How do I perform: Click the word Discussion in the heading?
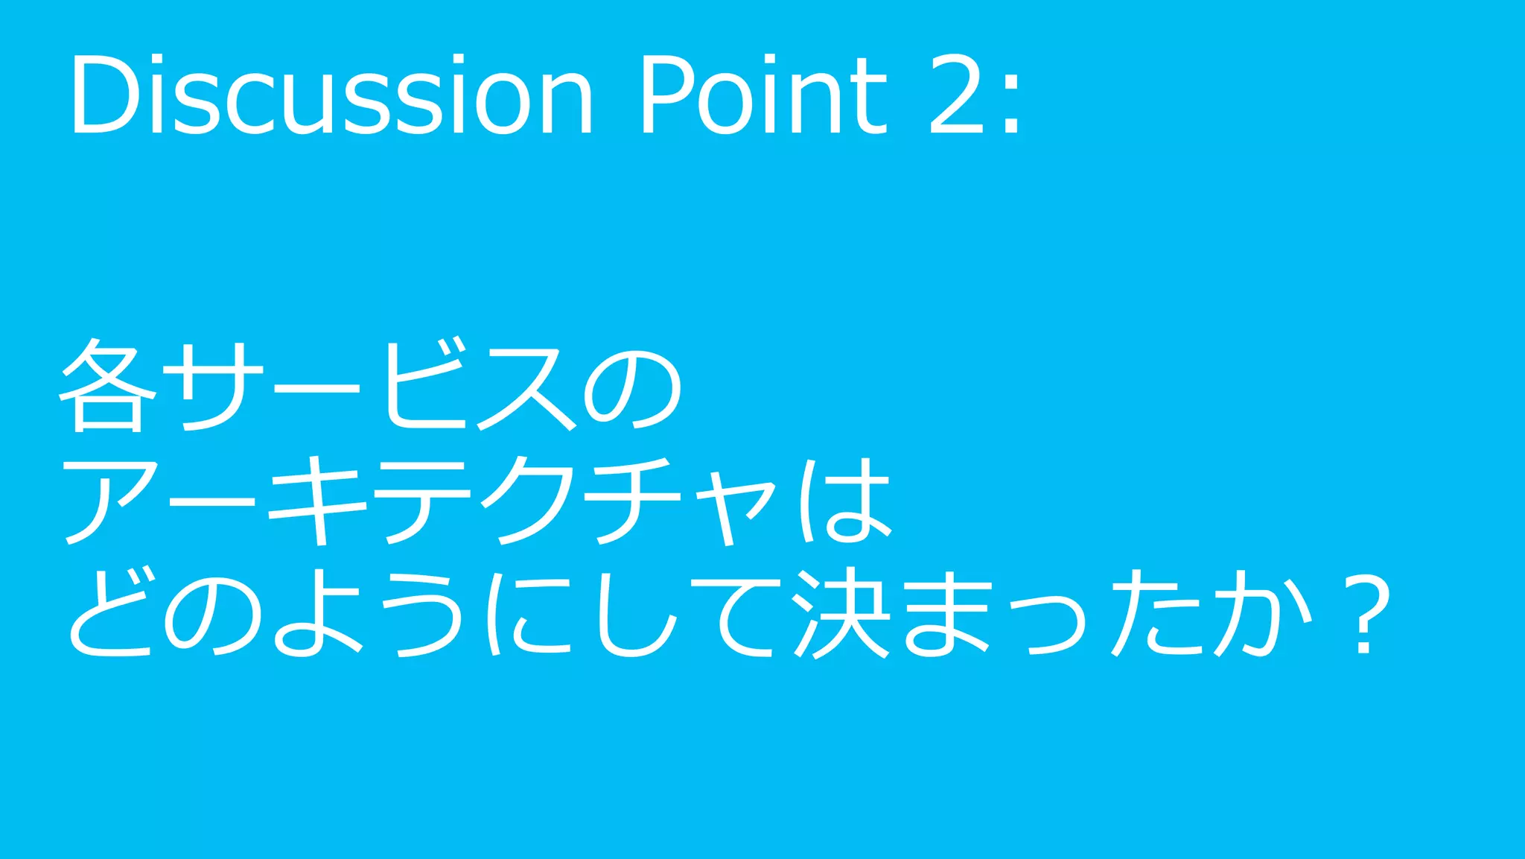pyautogui.click(x=331, y=95)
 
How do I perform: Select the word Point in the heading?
pyautogui.click(x=763, y=95)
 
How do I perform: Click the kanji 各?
pyautogui.click(x=108, y=385)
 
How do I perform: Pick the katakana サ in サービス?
pyautogui.click(x=212, y=385)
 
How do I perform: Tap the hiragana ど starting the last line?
pyautogui.click(x=112, y=612)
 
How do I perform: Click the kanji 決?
pyautogui.click(x=841, y=612)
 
